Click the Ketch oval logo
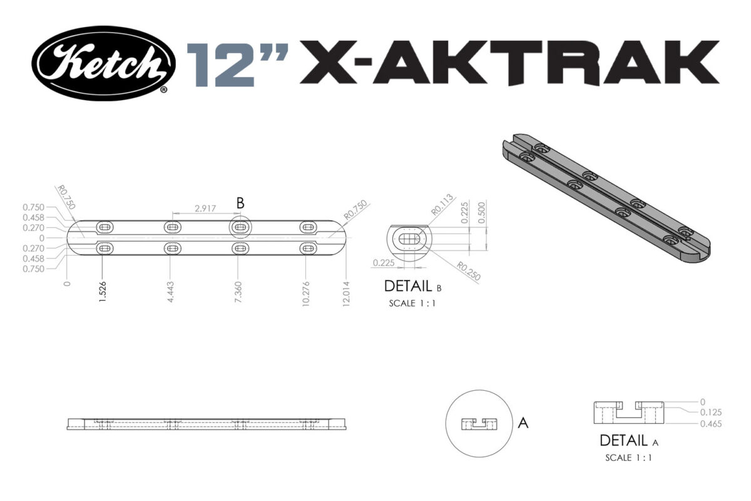(x=104, y=63)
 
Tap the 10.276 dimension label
(x=306, y=291)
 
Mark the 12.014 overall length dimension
(x=346, y=291)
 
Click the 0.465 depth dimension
(x=711, y=424)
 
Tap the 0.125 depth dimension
(x=711, y=413)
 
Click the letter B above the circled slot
(x=240, y=203)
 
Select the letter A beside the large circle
(x=523, y=423)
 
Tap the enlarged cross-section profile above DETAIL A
(x=628, y=414)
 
